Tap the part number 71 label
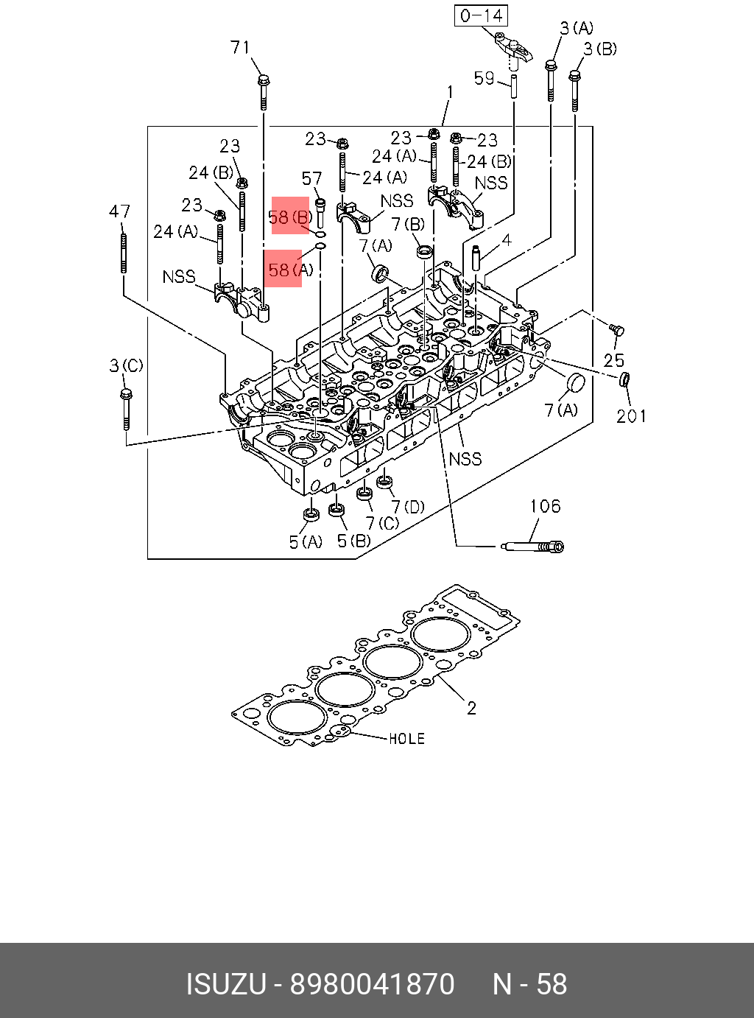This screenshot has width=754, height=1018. [240, 48]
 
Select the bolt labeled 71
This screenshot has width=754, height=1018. [262, 91]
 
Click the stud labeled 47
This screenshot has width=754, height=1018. [123, 253]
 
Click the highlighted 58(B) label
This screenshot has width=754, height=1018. [290, 217]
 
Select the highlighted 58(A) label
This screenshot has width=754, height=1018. [290, 270]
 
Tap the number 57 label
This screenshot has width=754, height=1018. [311, 179]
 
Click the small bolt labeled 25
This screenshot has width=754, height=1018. [616, 329]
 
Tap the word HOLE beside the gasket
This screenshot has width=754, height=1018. [406, 738]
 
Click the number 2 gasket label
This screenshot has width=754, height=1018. [471, 708]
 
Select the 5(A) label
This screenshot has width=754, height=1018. [306, 542]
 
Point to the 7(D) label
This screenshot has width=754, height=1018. [408, 507]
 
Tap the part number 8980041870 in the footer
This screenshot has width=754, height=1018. [372, 984]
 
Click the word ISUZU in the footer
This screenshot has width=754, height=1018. [225, 984]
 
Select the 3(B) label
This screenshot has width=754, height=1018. [600, 49]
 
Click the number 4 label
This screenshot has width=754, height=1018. [507, 240]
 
